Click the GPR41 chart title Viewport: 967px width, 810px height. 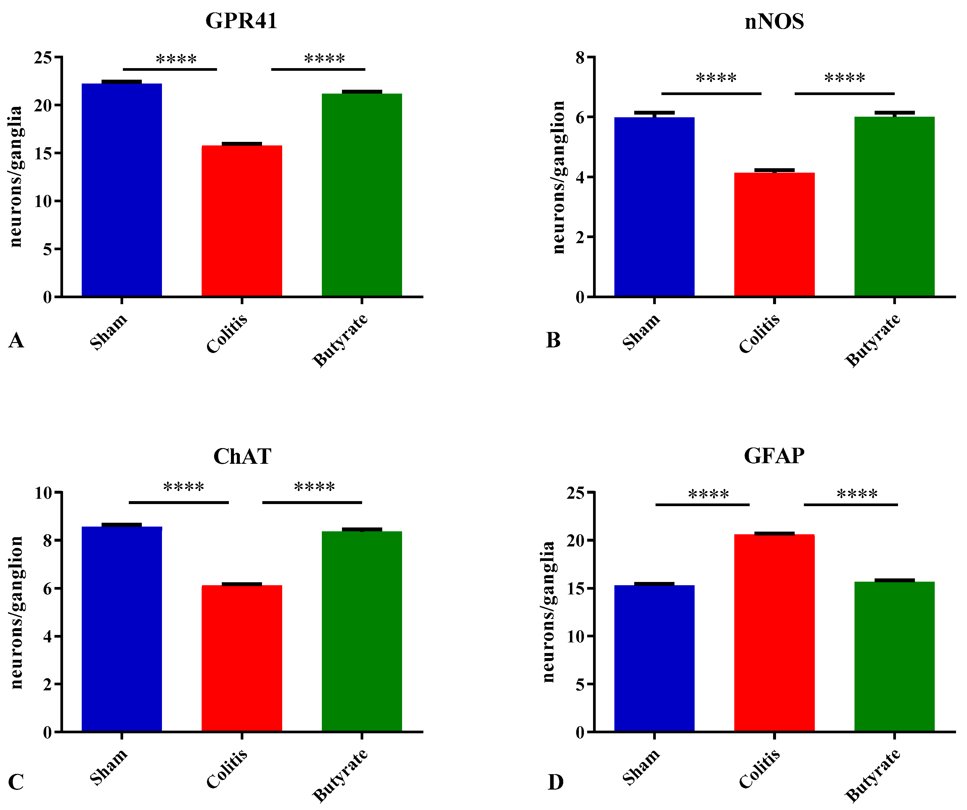[241, 21]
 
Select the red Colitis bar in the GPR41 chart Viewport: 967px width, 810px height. [242, 221]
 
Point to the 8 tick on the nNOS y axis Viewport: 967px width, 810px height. [580, 57]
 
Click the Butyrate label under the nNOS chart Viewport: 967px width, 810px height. [873, 341]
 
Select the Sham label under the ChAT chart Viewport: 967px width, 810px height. [109, 767]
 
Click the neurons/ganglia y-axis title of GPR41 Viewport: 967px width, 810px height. [16, 177]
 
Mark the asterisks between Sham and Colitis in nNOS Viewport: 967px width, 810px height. [716, 78]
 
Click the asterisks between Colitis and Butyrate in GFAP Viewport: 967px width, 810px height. [857, 495]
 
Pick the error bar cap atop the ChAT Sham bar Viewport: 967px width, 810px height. [122, 525]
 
